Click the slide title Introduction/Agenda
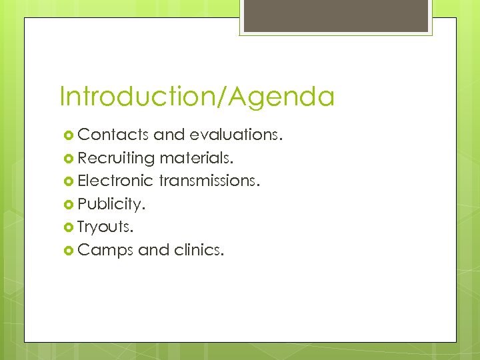(x=197, y=97)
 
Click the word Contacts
(x=113, y=135)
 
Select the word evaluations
(x=236, y=135)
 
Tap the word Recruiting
(x=116, y=158)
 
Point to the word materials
(x=197, y=158)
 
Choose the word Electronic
(x=116, y=181)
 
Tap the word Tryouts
(x=105, y=226)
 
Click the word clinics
(x=199, y=249)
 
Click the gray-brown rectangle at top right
(x=337, y=15)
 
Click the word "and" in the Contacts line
(x=169, y=135)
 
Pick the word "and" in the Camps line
(x=153, y=249)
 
